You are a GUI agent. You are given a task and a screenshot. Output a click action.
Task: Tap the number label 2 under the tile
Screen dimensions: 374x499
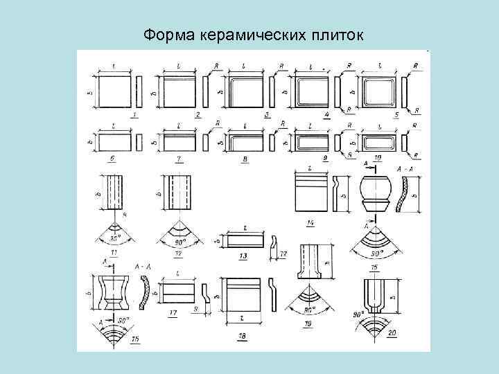tap(198, 114)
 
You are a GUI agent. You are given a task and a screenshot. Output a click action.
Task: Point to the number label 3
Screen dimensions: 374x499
tap(267, 114)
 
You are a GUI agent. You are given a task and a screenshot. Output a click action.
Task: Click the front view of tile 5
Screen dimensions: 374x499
tap(378, 91)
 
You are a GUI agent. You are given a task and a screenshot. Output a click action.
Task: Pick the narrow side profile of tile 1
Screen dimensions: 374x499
tap(139, 91)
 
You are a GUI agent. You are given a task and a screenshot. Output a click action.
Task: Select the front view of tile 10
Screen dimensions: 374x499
tap(378, 141)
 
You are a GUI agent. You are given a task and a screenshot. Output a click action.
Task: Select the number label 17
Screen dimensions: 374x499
tap(173, 314)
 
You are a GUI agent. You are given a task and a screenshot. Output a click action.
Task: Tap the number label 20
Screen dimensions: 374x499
tap(392, 333)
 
